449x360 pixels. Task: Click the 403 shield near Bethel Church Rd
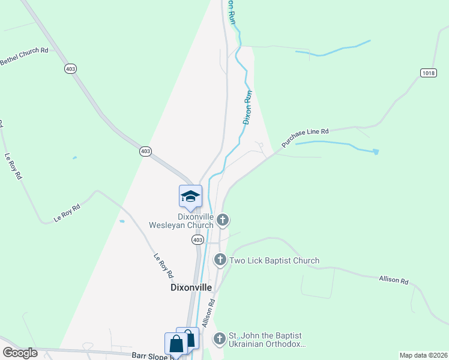pyautogui.click(x=71, y=69)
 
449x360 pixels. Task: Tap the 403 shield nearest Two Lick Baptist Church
pyautogui.click(x=197, y=239)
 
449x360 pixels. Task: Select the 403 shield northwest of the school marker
pyautogui.click(x=145, y=151)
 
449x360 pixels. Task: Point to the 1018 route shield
pyautogui.click(x=428, y=73)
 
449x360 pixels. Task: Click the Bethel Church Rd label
pyautogui.click(x=24, y=56)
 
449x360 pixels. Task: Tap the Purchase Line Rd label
pyautogui.click(x=305, y=138)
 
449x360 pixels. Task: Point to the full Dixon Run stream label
pyautogui.click(x=247, y=107)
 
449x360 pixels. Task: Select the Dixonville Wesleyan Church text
pyautogui.click(x=181, y=221)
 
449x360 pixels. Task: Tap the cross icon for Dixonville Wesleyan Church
pyautogui.click(x=223, y=220)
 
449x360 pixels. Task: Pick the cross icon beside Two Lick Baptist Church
pyautogui.click(x=220, y=260)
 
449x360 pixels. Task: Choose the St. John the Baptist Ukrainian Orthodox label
pyautogui.click(x=268, y=340)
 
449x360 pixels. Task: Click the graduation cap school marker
pyautogui.click(x=190, y=196)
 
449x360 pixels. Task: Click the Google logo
pyautogui.click(x=20, y=353)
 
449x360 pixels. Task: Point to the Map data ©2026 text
pyautogui.click(x=423, y=355)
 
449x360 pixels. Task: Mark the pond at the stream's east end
pyautogui.click(x=376, y=152)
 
